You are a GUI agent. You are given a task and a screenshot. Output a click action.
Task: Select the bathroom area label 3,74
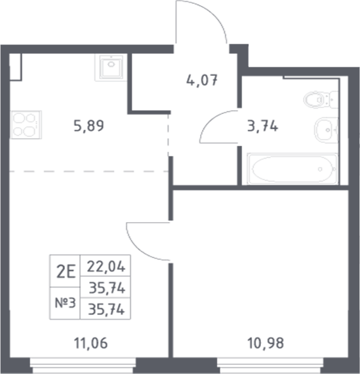pos(261,127)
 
